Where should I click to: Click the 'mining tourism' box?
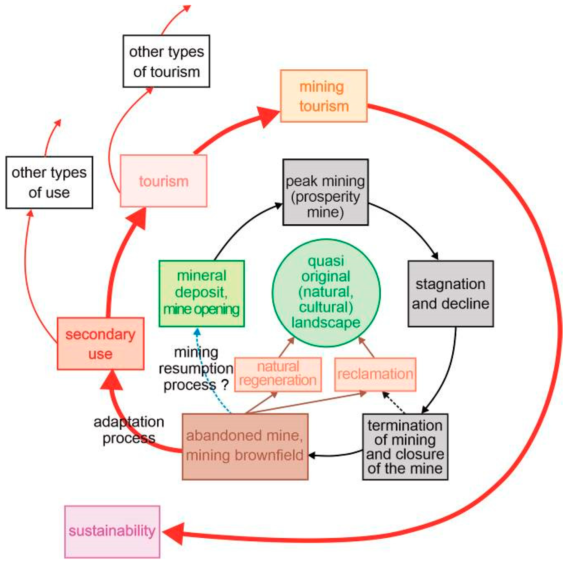click(323, 96)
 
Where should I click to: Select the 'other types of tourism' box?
click(166, 61)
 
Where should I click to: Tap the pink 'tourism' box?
click(163, 181)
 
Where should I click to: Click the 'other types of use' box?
click(49, 183)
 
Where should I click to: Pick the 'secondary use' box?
click(101, 344)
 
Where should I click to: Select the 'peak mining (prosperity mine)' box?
click(325, 192)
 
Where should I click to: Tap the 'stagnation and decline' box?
click(451, 294)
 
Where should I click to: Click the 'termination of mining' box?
click(405, 447)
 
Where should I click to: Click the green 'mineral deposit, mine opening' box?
click(201, 294)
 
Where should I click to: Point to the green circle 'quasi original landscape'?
click(326, 293)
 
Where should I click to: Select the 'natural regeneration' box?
click(278, 374)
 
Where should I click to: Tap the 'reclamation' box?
click(375, 374)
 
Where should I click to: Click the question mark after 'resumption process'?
click(225, 385)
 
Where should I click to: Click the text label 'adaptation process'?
click(129, 430)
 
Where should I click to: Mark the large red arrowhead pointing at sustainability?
click(174, 533)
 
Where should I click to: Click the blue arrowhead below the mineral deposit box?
click(197, 332)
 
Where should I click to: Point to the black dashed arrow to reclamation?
click(394, 402)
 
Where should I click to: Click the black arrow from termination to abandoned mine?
click(336, 455)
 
